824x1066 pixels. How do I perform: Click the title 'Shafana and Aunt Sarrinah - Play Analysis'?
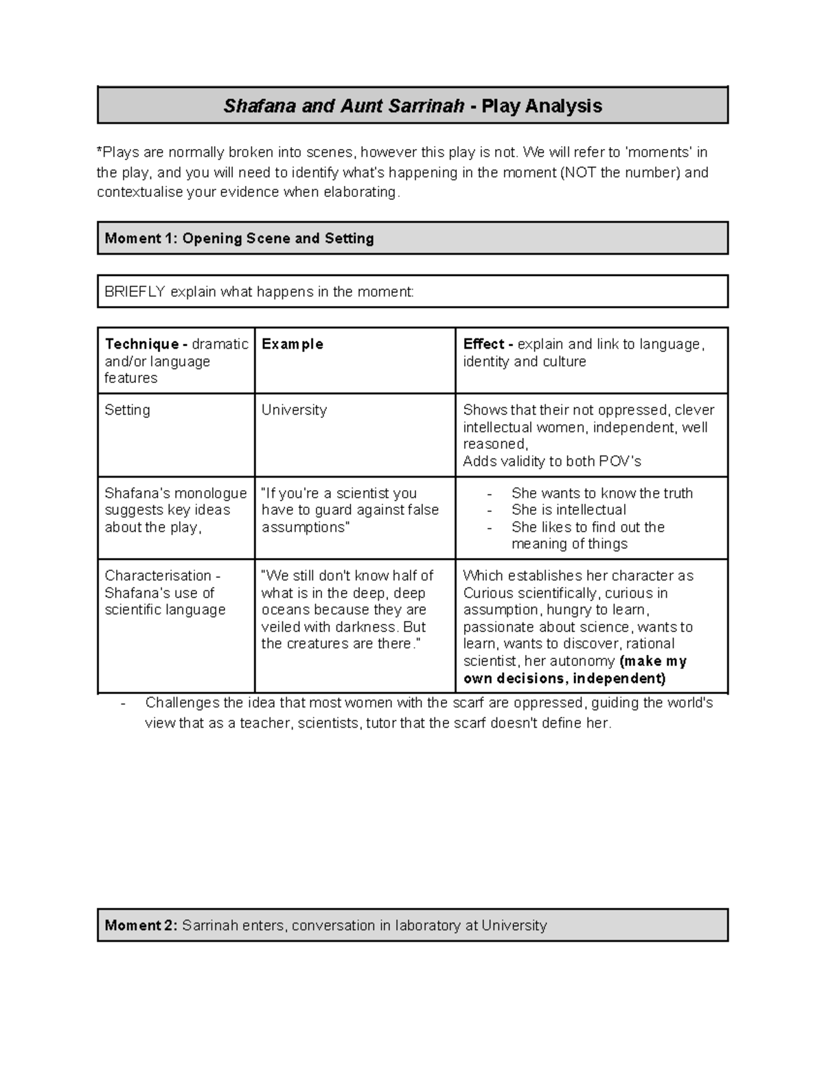pyautogui.click(x=412, y=106)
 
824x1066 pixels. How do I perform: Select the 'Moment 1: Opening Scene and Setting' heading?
pyautogui.click(x=239, y=238)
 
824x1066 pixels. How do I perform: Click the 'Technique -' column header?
pyautogui.click(x=141, y=344)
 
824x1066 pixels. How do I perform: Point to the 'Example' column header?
pyautogui.click(x=292, y=344)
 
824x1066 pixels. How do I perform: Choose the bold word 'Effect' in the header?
pyautogui.click(x=483, y=344)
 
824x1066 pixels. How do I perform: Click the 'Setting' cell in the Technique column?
pyautogui.click(x=127, y=410)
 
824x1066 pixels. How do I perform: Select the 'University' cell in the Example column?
pyautogui.click(x=294, y=410)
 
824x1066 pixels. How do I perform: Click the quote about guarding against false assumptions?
pyautogui.click(x=350, y=510)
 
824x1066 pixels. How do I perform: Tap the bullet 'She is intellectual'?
pyautogui.click(x=569, y=510)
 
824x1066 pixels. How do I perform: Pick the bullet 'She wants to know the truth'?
pyautogui.click(x=602, y=493)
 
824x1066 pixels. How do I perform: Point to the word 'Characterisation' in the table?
pyautogui.click(x=157, y=575)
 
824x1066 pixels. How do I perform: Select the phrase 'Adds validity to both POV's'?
pyautogui.click(x=551, y=461)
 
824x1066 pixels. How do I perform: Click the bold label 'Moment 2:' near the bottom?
pyautogui.click(x=141, y=925)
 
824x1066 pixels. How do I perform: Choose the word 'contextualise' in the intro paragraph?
pyautogui.click(x=140, y=192)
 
